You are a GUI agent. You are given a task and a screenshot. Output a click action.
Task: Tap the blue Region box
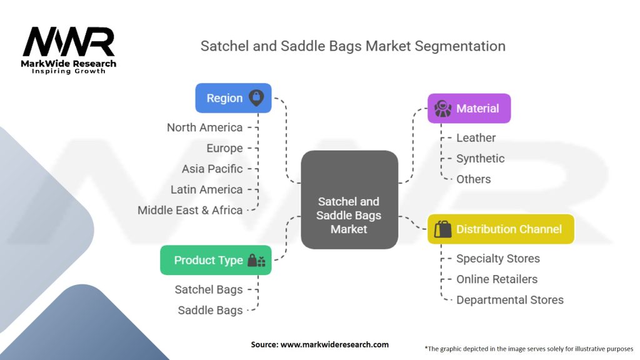click(x=233, y=98)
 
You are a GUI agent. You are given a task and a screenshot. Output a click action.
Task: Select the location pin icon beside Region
click(x=256, y=98)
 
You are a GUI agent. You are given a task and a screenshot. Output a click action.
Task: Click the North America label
click(x=204, y=127)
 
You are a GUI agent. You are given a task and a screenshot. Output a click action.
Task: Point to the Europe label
click(x=224, y=148)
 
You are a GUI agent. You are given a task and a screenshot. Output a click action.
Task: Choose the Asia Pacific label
click(x=212, y=169)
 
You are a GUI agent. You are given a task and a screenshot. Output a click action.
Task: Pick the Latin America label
click(x=206, y=189)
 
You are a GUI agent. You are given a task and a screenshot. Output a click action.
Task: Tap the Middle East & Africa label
click(x=190, y=210)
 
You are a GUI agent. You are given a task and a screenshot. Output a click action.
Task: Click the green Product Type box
click(x=216, y=260)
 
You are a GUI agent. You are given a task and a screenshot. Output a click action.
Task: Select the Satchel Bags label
click(x=209, y=289)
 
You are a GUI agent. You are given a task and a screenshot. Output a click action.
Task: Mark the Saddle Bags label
click(x=210, y=310)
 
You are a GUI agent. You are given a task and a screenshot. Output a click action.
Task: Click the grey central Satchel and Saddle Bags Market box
click(x=349, y=199)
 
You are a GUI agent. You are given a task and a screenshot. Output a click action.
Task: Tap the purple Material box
click(x=469, y=108)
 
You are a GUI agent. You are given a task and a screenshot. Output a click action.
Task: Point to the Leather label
click(x=476, y=137)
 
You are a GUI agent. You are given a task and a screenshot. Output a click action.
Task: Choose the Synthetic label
click(x=480, y=158)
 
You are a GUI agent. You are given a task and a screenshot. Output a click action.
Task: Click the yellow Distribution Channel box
click(x=501, y=229)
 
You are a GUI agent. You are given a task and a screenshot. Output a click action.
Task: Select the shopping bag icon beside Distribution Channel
click(x=442, y=229)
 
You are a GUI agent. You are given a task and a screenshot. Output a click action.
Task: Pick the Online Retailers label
click(x=497, y=279)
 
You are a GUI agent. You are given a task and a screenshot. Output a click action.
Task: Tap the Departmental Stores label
click(x=509, y=300)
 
